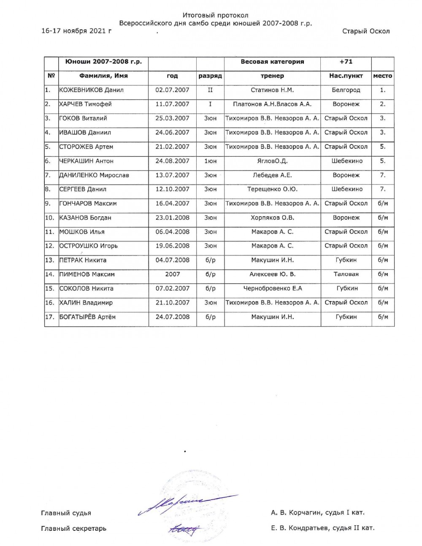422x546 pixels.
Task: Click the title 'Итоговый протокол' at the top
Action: pyautogui.click(x=216, y=15)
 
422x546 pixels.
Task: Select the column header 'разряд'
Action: pyautogui.click(x=210, y=76)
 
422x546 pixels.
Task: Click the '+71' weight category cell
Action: pyautogui.click(x=346, y=62)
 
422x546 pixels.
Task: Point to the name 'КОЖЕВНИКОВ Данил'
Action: pyautogui.click(x=91, y=90)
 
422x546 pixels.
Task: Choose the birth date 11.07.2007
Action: pyautogui.click(x=172, y=104)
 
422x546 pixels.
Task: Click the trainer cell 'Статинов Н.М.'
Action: pyautogui.click(x=272, y=90)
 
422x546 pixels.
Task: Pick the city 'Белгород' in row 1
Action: pyautogui.click(x=346, y=90)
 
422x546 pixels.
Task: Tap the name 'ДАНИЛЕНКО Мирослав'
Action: pyautogui.click(x=94, y=175)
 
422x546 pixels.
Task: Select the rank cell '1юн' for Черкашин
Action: pyautogui.click(x=210, y=161)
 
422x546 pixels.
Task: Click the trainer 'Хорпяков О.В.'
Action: pyautogui.click(x=272, y=218)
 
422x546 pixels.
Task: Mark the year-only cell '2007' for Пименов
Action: pyautogui.click(x=172, y=274)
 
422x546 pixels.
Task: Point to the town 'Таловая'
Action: pyautogui.click(x=346, y=274)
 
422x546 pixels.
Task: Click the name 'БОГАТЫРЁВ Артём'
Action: pyautogui.click(x=87, y=317)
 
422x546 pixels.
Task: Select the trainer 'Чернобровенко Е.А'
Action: pyautogui.click(x=272, y=289)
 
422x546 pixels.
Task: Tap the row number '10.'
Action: pyautogui.click(x=50, y=218)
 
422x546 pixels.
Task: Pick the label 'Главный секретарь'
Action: pyautogui.click(x=73, y=528)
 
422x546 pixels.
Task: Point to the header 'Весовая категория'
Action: pyautogui.click(x=272, y=62)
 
